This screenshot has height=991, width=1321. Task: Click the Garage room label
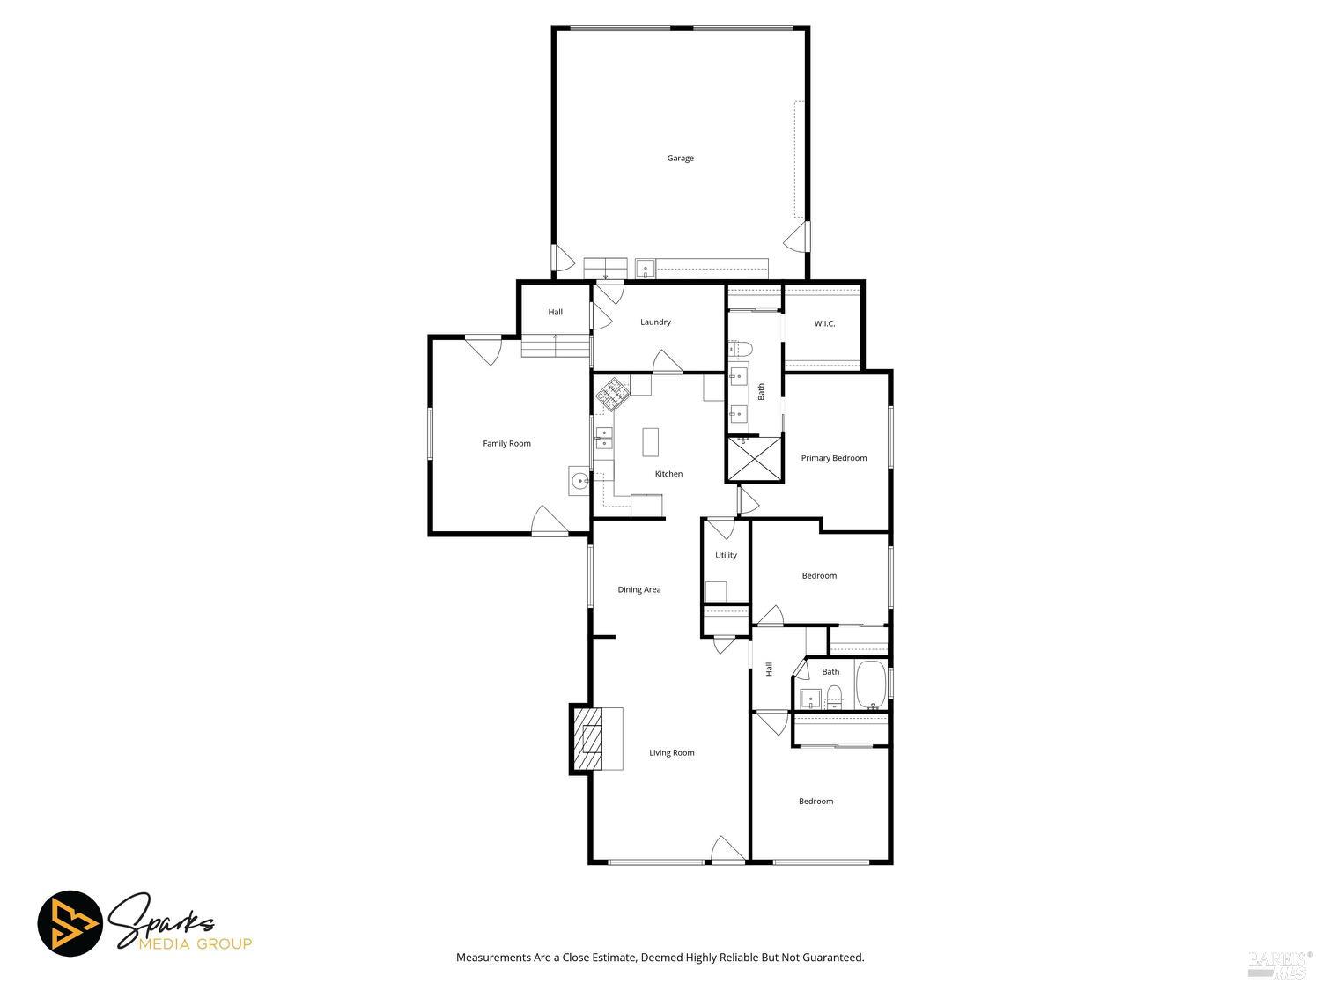pos(680,159)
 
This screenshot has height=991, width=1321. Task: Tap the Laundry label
pos(655,322)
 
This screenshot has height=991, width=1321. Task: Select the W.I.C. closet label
pos(824,323)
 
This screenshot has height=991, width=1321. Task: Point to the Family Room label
pos(506,443)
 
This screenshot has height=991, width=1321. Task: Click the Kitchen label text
pos(668,474)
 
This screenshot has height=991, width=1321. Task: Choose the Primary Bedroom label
pos(833,458)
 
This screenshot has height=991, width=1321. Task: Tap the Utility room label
pos(726,555)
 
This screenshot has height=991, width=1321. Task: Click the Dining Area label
pos(639,589)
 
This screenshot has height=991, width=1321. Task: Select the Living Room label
pos(672,753)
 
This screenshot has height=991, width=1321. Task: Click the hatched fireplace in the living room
pos(587,739)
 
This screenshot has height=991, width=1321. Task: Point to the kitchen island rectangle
pos(650,442)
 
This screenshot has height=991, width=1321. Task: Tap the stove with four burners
pos(613,395)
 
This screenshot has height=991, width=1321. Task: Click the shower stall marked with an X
pos(755,459)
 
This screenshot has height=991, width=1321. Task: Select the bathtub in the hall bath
pos(870,684)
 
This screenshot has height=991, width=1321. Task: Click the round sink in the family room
pos(579,481)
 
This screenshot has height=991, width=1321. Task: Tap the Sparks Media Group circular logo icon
pos(70,923)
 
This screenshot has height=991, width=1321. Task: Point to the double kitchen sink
pos(604,438)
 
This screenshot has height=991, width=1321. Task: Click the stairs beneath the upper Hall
pos(555,346)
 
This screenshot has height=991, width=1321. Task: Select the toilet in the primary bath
pos(742,348)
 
